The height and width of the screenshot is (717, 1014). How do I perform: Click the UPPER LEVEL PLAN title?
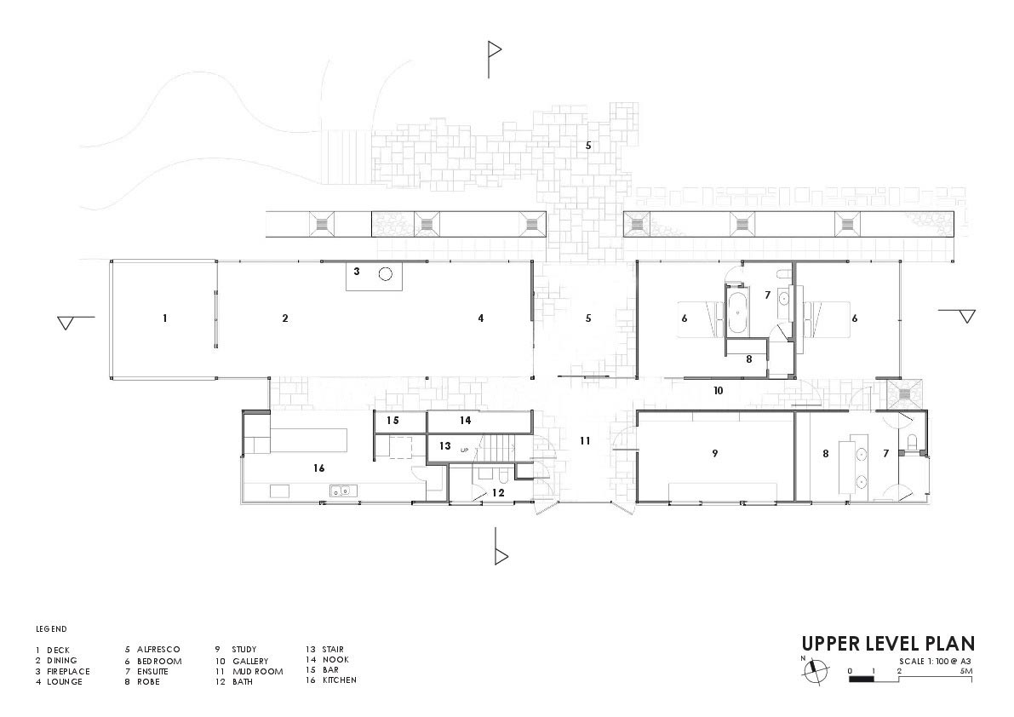[x=887, y=644]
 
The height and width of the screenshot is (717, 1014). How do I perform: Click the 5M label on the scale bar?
[x=965, y=671]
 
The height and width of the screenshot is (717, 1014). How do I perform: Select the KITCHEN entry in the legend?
[x=340, y=680]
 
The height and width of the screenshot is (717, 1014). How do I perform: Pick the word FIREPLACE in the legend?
[x=68, y=671]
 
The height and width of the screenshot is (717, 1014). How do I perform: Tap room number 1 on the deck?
[x=164, y=318]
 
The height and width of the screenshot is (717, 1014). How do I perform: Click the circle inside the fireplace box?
[x=385, y=274]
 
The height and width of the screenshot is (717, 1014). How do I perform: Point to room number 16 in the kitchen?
[x=318, y=468]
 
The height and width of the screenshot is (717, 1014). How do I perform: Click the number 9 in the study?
[x=714, y=454]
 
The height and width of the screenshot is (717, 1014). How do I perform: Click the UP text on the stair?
[x=465, y=449]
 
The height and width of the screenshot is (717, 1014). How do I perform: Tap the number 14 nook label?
[x=465, y=421]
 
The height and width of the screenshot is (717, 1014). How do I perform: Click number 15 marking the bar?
[x=392, y=421]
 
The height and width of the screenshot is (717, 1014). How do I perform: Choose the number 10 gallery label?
[x=718, y=391]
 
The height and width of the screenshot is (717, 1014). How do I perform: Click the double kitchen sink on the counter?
[x=342, y=490]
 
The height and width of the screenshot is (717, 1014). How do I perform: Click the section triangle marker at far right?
[x=965, y=317]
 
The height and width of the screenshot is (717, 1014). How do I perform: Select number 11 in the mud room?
[x=584, y=441]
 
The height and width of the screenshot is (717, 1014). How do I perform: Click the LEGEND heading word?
[x=51, y=629]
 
